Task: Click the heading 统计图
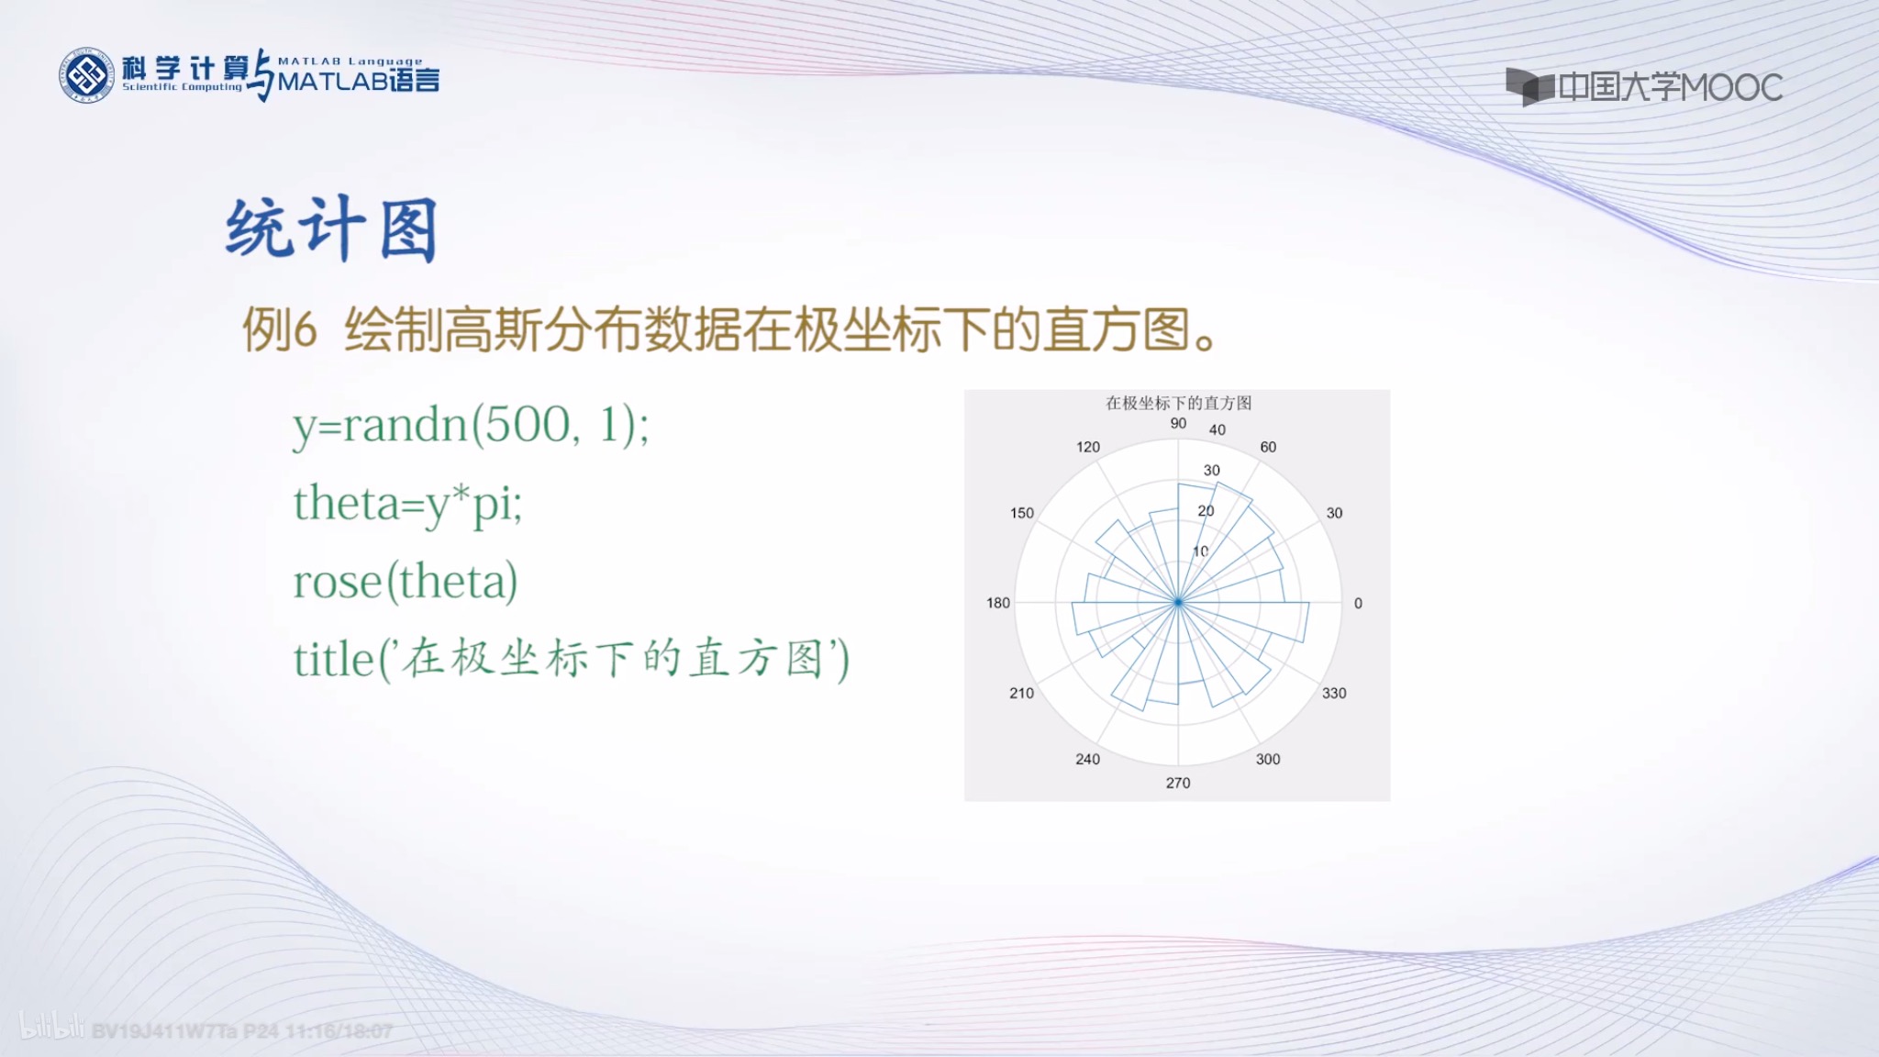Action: coord(331,229)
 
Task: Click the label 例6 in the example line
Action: coord(279,329)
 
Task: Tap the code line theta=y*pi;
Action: coord(407,504)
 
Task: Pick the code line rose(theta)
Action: coord(405,582)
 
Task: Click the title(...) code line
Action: coord(571,660)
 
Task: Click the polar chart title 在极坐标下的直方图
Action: coord(1178,403)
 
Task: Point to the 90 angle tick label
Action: coord(1178,423)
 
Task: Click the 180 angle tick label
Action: coord(997,603)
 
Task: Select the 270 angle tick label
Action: coord(1178,783)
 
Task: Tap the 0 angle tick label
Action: coord(1358,603)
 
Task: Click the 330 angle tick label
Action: coord(1334,693)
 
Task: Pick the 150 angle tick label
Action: coord(1021,513)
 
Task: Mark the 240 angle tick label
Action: coord(1087,759)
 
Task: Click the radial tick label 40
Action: coord(1217,429)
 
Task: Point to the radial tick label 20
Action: coord(1206,510)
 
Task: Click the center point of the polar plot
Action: coord(1178,603)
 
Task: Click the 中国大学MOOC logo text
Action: coord(1669,88)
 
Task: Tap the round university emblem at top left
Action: coord(86,75)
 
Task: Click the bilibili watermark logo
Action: coord(52,1027)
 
